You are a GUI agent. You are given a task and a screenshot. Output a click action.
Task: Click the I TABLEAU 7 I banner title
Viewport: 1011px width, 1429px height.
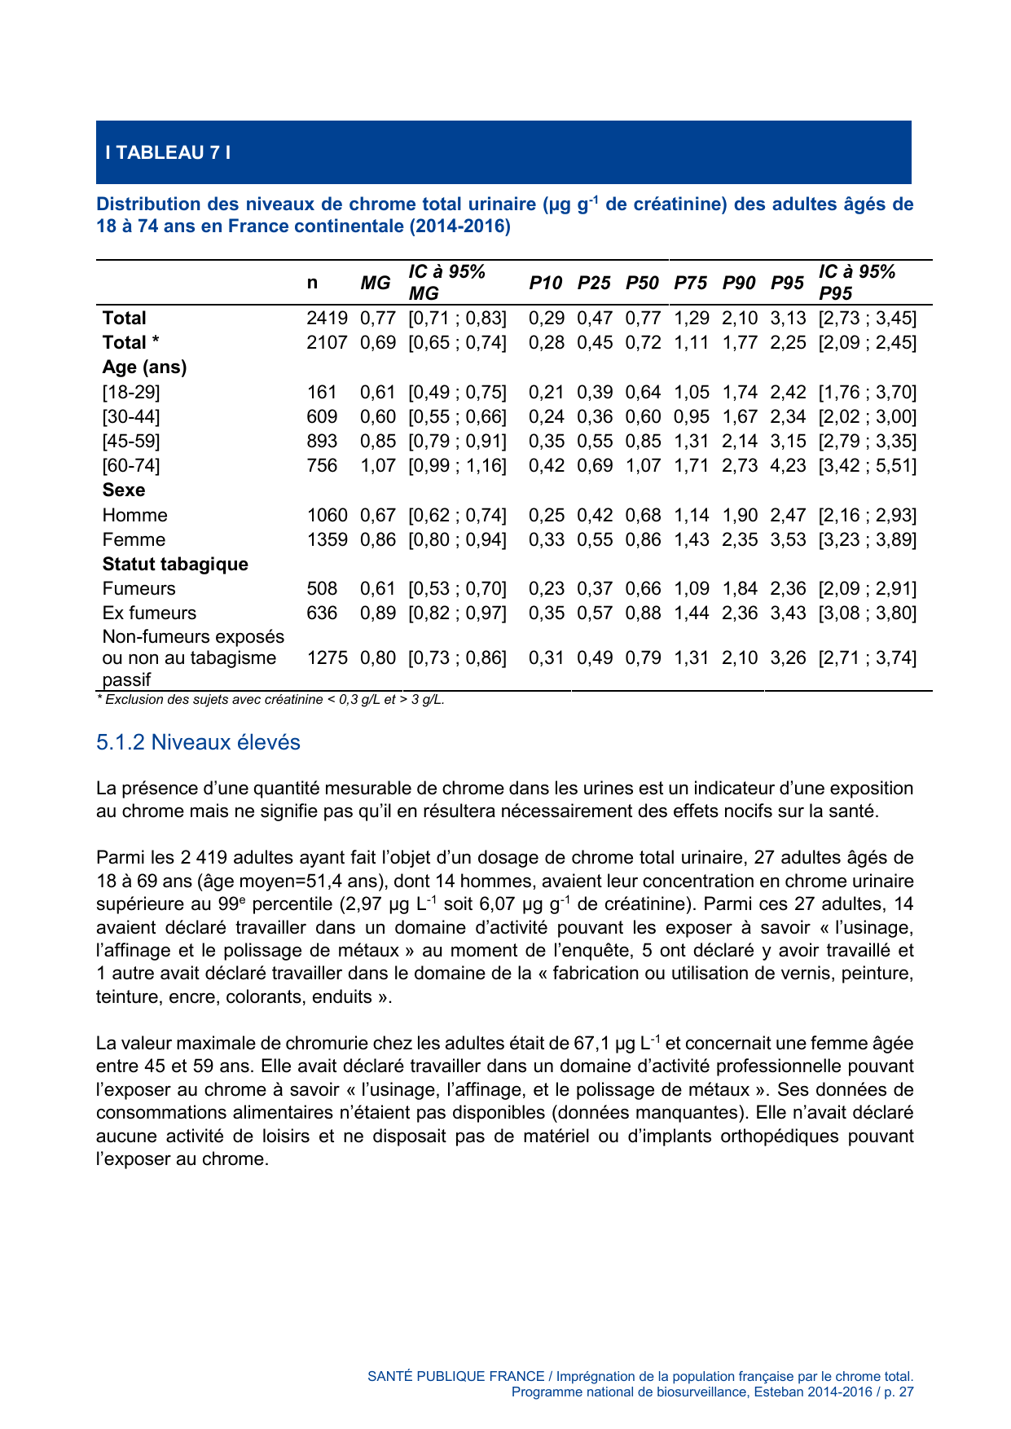[168, 152]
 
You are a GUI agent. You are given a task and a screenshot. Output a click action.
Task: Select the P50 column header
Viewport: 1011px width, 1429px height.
[642, 283]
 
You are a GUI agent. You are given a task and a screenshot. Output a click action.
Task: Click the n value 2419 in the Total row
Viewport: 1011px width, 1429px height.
[327, 319]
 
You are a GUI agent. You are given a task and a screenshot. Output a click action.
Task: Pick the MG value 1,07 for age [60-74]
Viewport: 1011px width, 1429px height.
[377, 466]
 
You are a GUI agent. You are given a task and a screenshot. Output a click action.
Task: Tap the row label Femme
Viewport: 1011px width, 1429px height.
[134, 539]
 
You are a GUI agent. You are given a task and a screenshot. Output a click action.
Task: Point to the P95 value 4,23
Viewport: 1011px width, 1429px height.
[787, 466]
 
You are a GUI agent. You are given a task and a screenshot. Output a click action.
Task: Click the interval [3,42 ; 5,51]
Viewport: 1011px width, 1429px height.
[867, 466]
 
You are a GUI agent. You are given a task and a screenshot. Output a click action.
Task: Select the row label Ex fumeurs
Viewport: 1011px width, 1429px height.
[149, 613]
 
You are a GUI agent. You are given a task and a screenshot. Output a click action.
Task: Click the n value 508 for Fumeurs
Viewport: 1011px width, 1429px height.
[322, 588]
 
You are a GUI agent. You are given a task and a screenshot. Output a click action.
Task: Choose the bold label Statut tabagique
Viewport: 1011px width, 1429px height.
[175, 564]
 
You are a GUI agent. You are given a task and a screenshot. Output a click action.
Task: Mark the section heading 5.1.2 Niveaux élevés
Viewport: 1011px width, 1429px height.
[198, 742]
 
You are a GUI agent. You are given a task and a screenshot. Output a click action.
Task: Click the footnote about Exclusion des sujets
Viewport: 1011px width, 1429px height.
[270, 700]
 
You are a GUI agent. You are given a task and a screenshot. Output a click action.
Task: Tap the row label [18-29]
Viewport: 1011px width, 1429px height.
[131, 392]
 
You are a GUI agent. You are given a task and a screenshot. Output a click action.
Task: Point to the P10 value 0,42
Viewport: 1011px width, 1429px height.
[546, 466]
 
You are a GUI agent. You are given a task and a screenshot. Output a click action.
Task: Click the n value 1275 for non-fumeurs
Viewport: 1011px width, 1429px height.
[327, 657]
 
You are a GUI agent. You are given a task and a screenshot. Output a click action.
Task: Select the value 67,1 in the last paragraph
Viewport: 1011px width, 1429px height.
[591, 1044]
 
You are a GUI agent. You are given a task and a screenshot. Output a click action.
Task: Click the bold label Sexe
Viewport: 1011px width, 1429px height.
[124, 490]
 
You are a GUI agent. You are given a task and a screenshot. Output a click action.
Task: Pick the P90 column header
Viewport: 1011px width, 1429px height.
[739, 283]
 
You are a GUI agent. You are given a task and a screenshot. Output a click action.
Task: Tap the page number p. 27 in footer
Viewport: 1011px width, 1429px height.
[899, 1392]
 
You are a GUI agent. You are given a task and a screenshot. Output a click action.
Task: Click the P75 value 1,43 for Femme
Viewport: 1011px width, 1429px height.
[691, 539]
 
